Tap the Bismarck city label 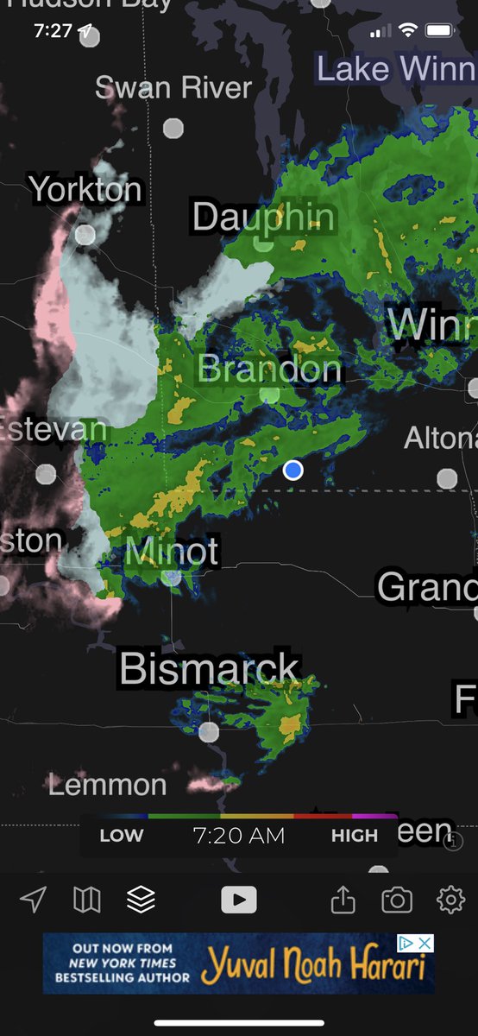click(210, 669)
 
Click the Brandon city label click(270, 370)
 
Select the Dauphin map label click(263, 217)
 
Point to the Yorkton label click(85, 189)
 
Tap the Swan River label click(173, 87)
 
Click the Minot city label click(172, 551)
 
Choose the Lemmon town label click(108, 785)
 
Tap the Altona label click(440, 439)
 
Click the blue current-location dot click(293, 470)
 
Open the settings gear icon click(450, 900)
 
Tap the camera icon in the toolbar click(397, 900)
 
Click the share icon click(343, 900)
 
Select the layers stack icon click(141, 900)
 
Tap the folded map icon click(86, 900)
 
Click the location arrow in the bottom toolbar click(33, 900)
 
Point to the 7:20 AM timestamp click(238, 836)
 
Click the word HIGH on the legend click(354, 836)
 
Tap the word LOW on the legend click(122, 836)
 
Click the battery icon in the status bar click(439, 31)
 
